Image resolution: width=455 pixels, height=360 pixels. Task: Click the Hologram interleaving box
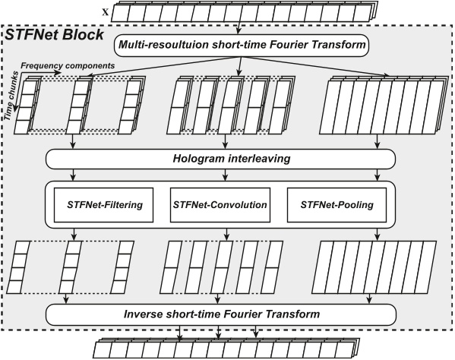[221, 158]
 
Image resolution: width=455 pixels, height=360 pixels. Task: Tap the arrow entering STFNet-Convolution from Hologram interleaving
[223, 175]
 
